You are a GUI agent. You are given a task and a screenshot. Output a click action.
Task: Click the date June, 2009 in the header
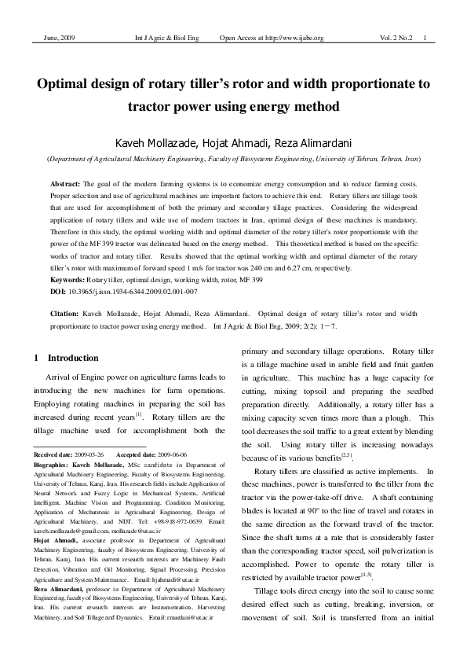click(x=53, y=39)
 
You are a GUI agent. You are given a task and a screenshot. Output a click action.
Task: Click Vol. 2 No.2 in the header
click(x=396, y=39)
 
